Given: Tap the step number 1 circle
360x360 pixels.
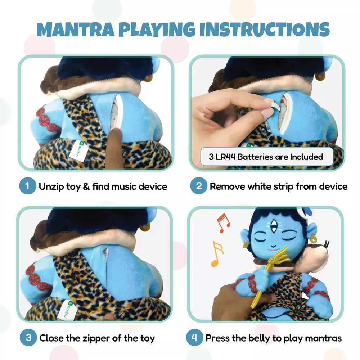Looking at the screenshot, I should point(28,186).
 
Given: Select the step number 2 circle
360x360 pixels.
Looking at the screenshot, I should point(199,186).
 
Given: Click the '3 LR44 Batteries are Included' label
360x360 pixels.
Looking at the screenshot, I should point(266,157).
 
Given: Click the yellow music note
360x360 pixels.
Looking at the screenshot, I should point(217,253).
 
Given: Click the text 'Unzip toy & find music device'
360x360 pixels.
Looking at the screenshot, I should point(103,186).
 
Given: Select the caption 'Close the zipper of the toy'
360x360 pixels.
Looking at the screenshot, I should point(97,338).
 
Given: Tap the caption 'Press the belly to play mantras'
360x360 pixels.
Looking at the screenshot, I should point(273,338).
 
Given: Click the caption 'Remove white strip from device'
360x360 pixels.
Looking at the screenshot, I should point(278,186).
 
